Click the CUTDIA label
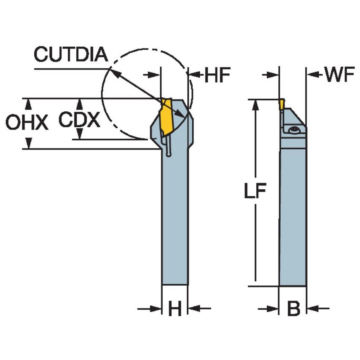(x=71, y=55)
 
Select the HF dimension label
(x=217, y=75)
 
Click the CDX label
(x=79, y=120)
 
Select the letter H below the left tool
(x=175, y=309)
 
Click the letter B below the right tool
(x=293, y=309)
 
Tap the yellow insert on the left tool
(x=166, y=118)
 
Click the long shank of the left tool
(x=175, y=219)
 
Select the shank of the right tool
(x=293, y=219)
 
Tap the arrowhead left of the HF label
(x=193, y=75)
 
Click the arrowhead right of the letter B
(x=312, y=309)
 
